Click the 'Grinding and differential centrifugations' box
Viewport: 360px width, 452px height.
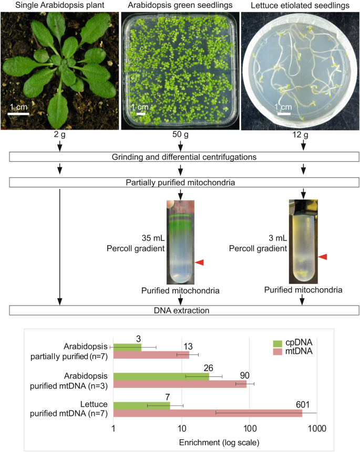click(184, 157)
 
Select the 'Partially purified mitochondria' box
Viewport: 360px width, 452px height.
click(184, 183)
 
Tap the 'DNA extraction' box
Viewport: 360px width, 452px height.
click(184, 310)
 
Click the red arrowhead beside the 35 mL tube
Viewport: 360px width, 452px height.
click(200, 262)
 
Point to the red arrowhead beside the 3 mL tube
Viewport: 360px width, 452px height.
click(323, 257)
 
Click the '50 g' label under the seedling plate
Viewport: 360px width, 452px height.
click(180, 134)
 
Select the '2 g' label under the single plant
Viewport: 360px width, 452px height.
click(59, 134)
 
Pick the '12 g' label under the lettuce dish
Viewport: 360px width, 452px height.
click(300, 134)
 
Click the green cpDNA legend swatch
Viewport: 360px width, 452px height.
click(277, 343)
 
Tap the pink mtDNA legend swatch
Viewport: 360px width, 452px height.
click(277, 351)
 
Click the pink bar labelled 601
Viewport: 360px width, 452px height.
click(208, 413)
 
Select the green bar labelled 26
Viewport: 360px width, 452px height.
click(161, 376)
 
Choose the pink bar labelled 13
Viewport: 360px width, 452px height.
click(151, 355)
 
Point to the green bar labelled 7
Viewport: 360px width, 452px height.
click(142, 406)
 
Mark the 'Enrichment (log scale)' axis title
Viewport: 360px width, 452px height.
click(219, 443)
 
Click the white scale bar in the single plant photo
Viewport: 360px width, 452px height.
click(18, 114)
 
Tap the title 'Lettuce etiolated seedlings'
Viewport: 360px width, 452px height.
click(300, 5)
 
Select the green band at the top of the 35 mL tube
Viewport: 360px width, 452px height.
click(180, 222)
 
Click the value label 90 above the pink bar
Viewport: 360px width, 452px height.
click(245, 375)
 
